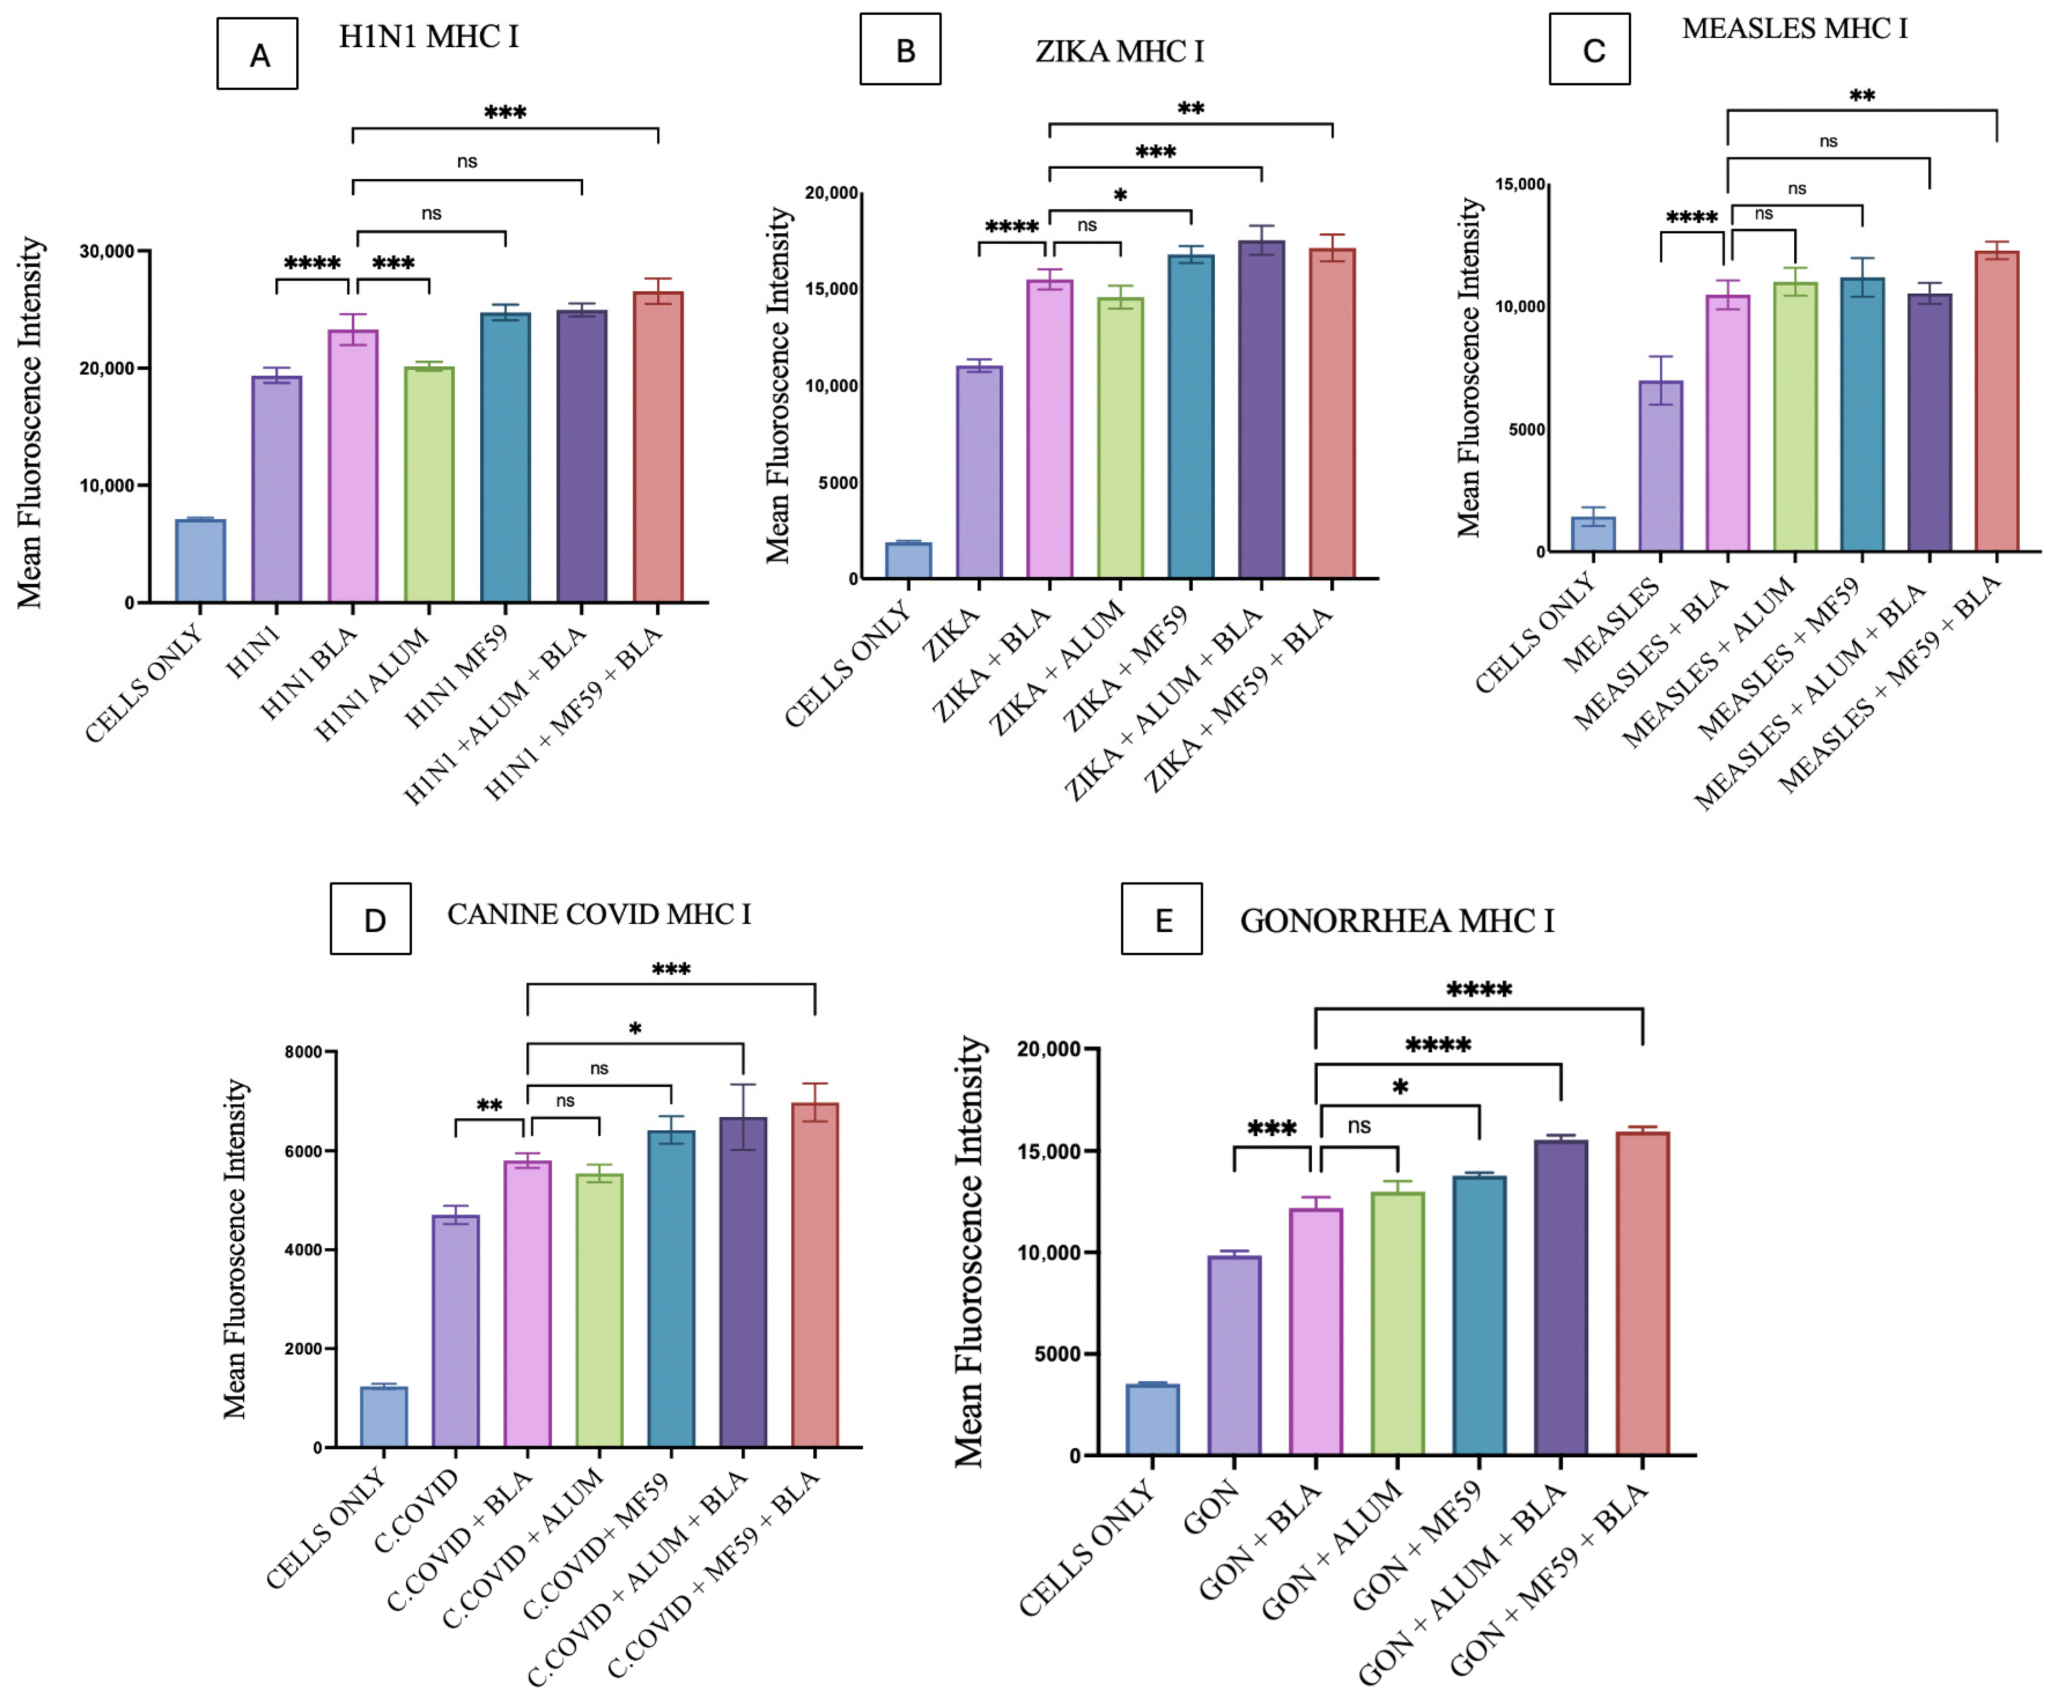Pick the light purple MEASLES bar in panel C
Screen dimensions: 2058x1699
point(1661,466)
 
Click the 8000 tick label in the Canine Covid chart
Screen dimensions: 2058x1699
point(303,1052)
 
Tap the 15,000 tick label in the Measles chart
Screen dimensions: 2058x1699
point(1520,184)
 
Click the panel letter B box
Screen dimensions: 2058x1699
point(901,49)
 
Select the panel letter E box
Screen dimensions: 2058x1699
point(1162,919)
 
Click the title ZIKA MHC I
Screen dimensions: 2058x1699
point(1120,51)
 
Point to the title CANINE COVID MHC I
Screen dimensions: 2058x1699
point(599,914)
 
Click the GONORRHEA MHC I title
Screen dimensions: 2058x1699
point(1397,921)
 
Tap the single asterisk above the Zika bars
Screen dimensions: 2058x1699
point(1121,195)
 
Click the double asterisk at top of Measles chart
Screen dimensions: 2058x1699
point(1861,96)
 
